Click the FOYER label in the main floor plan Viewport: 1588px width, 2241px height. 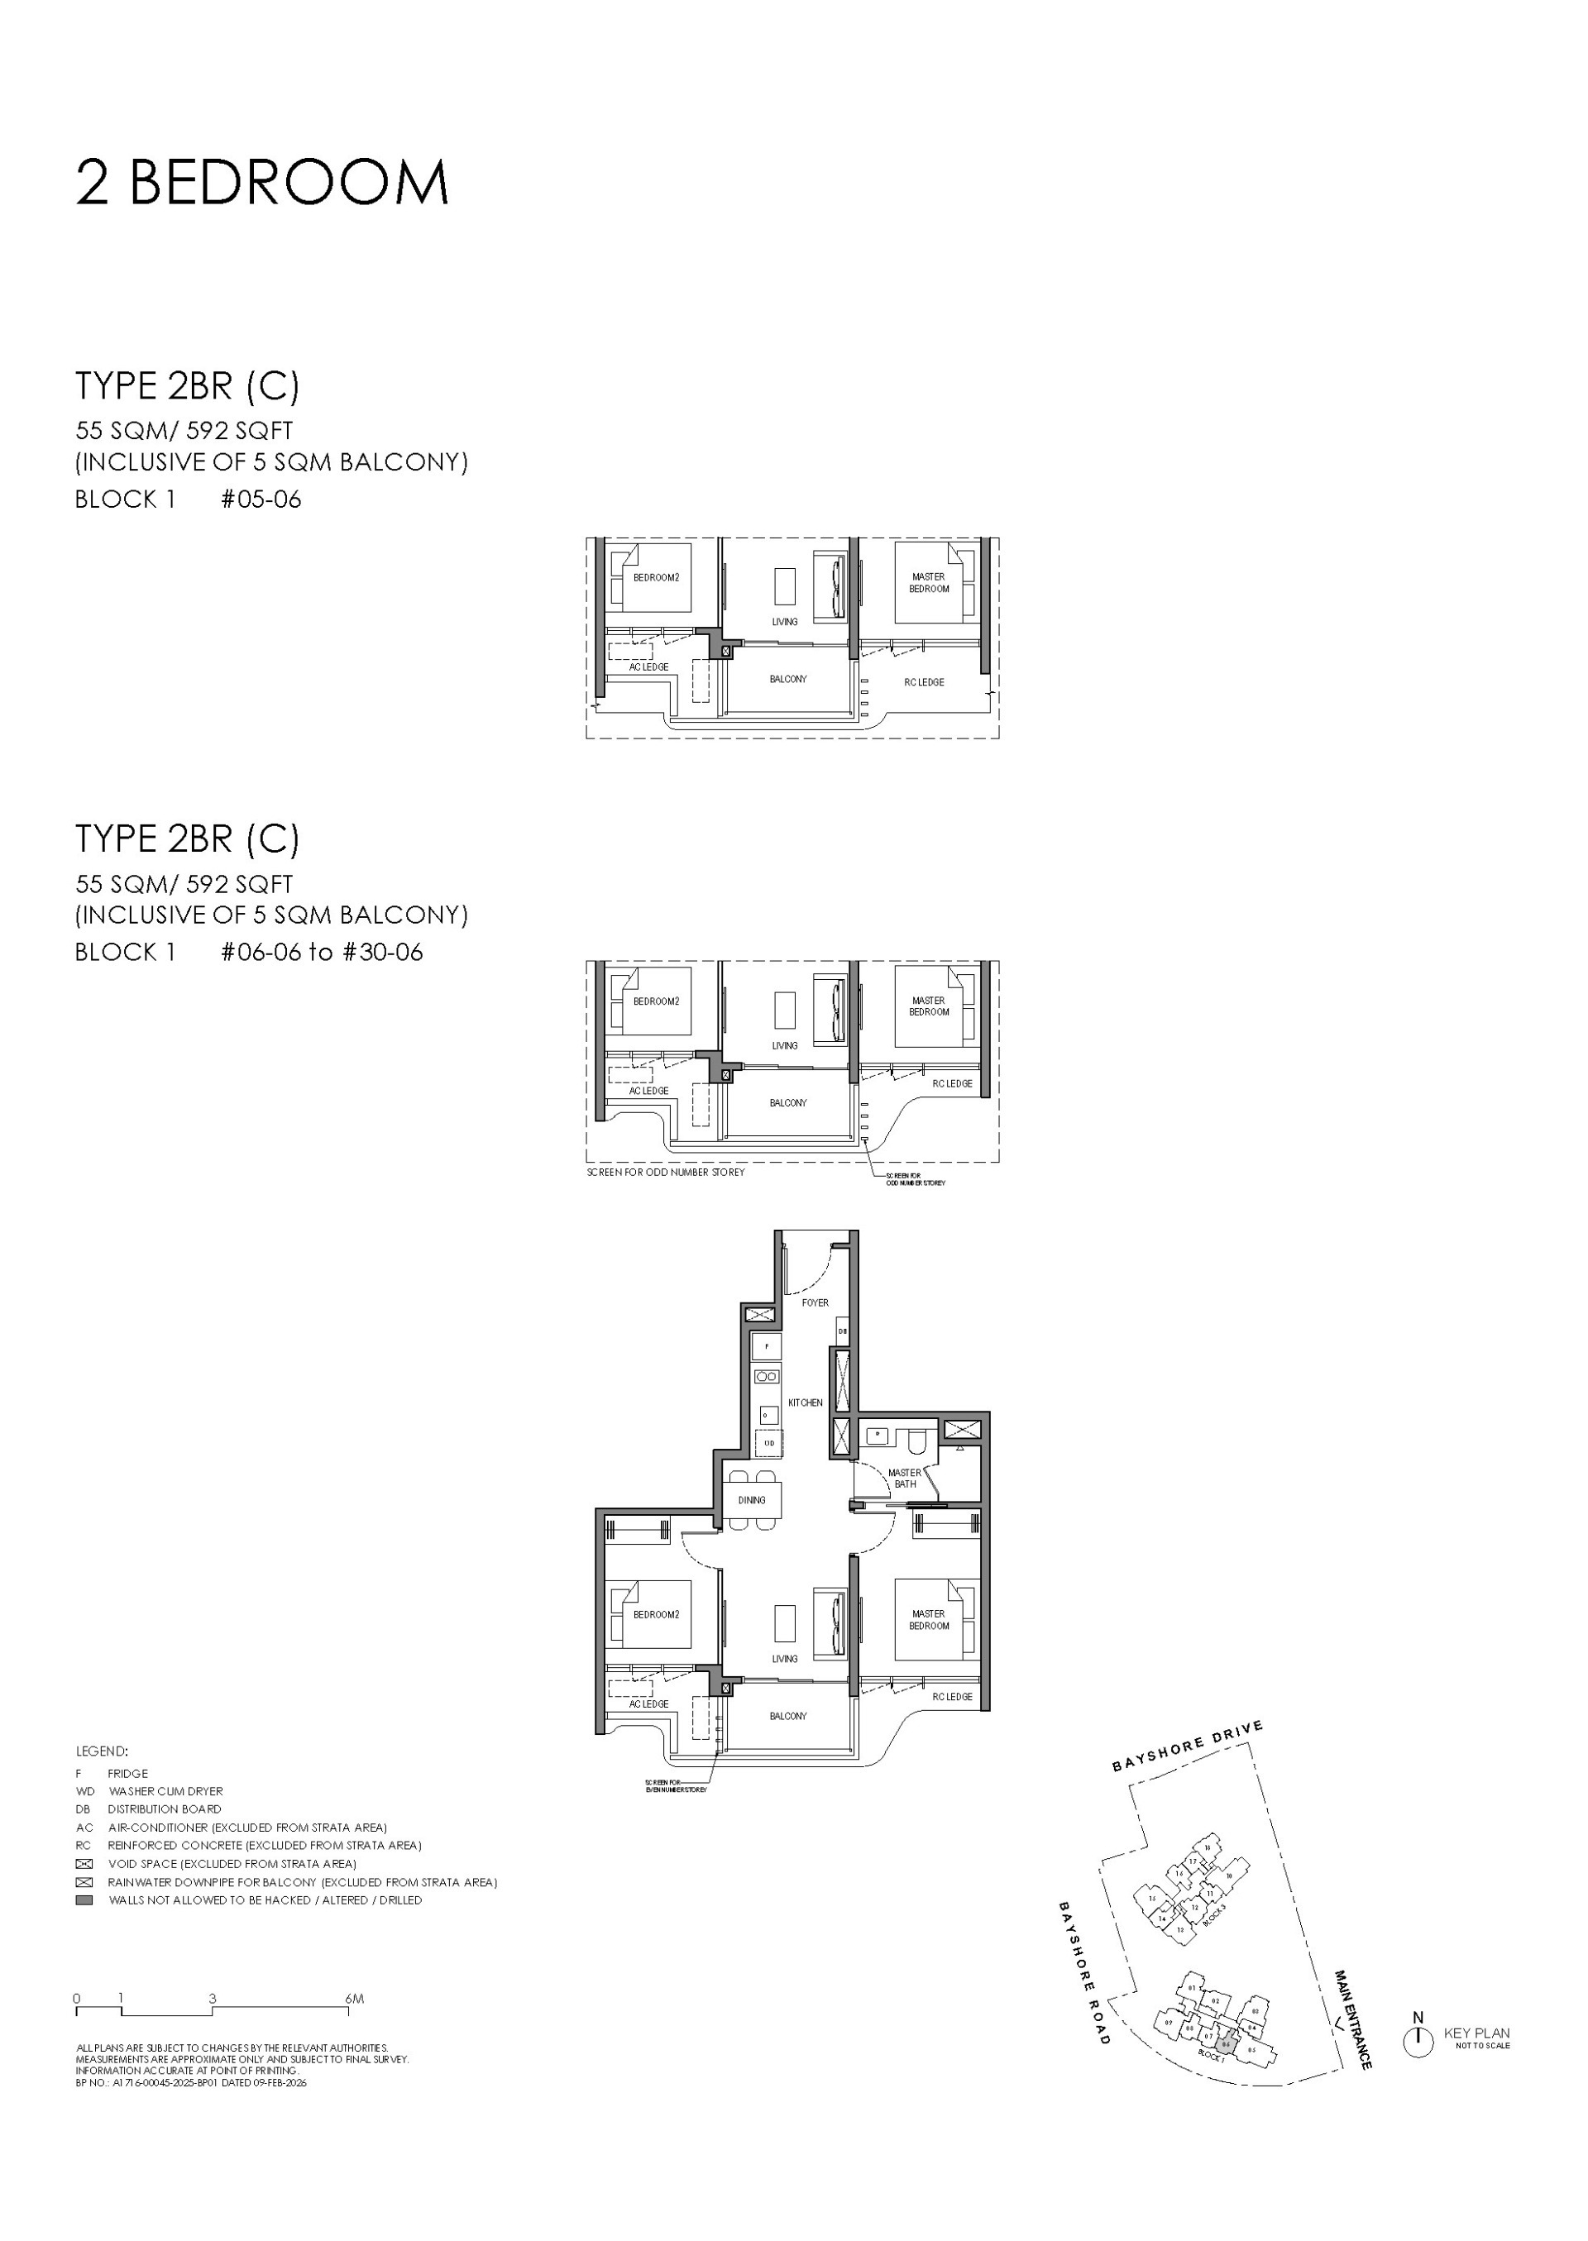[x=815, y=1302]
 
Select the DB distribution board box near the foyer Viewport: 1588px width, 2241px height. [x=842, y=1331]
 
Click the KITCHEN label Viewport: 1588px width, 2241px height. [x=805, y=1402]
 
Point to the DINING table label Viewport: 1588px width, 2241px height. [x=752, y=1500]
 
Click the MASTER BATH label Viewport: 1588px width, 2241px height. [x=905, y=1479]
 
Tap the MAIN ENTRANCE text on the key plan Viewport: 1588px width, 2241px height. [x=1353, y=2019]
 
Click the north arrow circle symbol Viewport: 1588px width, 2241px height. [x=1418, y=2043]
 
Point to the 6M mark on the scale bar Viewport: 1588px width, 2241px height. [x=354, y=1999]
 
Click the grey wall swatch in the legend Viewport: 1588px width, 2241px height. [x=84, y=1899]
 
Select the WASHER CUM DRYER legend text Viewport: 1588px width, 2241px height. [x=165, y=1791]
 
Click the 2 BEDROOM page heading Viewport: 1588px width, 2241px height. [x=262, y=183]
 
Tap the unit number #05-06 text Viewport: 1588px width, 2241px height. [x=261, y=499]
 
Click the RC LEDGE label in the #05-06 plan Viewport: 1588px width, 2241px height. [x=924, y=682]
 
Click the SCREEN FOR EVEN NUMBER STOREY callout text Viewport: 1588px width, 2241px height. [x=675, y=1785]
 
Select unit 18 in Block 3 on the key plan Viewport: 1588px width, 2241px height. [x=1208, y=1847]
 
